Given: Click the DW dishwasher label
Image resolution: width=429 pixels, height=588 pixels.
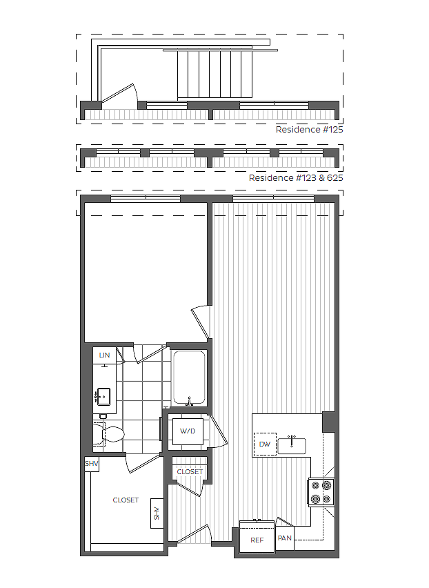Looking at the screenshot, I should coord(265,444).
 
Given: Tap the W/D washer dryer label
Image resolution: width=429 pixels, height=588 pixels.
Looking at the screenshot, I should coord(188,431).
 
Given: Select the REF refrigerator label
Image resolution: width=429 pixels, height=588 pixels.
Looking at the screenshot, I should coord(257,540).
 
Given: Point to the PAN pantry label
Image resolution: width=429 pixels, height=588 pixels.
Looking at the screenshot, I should coord(284,538).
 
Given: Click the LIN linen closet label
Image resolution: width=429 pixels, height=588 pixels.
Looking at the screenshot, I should coord(104,355).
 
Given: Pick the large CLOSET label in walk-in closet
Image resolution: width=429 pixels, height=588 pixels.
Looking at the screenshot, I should coord(126,500).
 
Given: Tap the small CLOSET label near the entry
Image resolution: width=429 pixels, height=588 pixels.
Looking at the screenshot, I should coord(190,471).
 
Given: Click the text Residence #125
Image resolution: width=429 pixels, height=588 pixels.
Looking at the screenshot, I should coord(309,129).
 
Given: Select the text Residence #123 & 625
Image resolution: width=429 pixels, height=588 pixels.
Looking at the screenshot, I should coord(296,177).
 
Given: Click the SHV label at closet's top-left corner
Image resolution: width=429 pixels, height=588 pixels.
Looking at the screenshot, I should coord(92,464).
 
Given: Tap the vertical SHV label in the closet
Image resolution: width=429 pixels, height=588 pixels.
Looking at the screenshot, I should coord(157,513).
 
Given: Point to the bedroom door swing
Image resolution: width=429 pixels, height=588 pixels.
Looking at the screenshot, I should coord(200,322).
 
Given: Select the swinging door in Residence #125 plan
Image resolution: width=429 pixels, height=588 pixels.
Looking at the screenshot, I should coord(121,97).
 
